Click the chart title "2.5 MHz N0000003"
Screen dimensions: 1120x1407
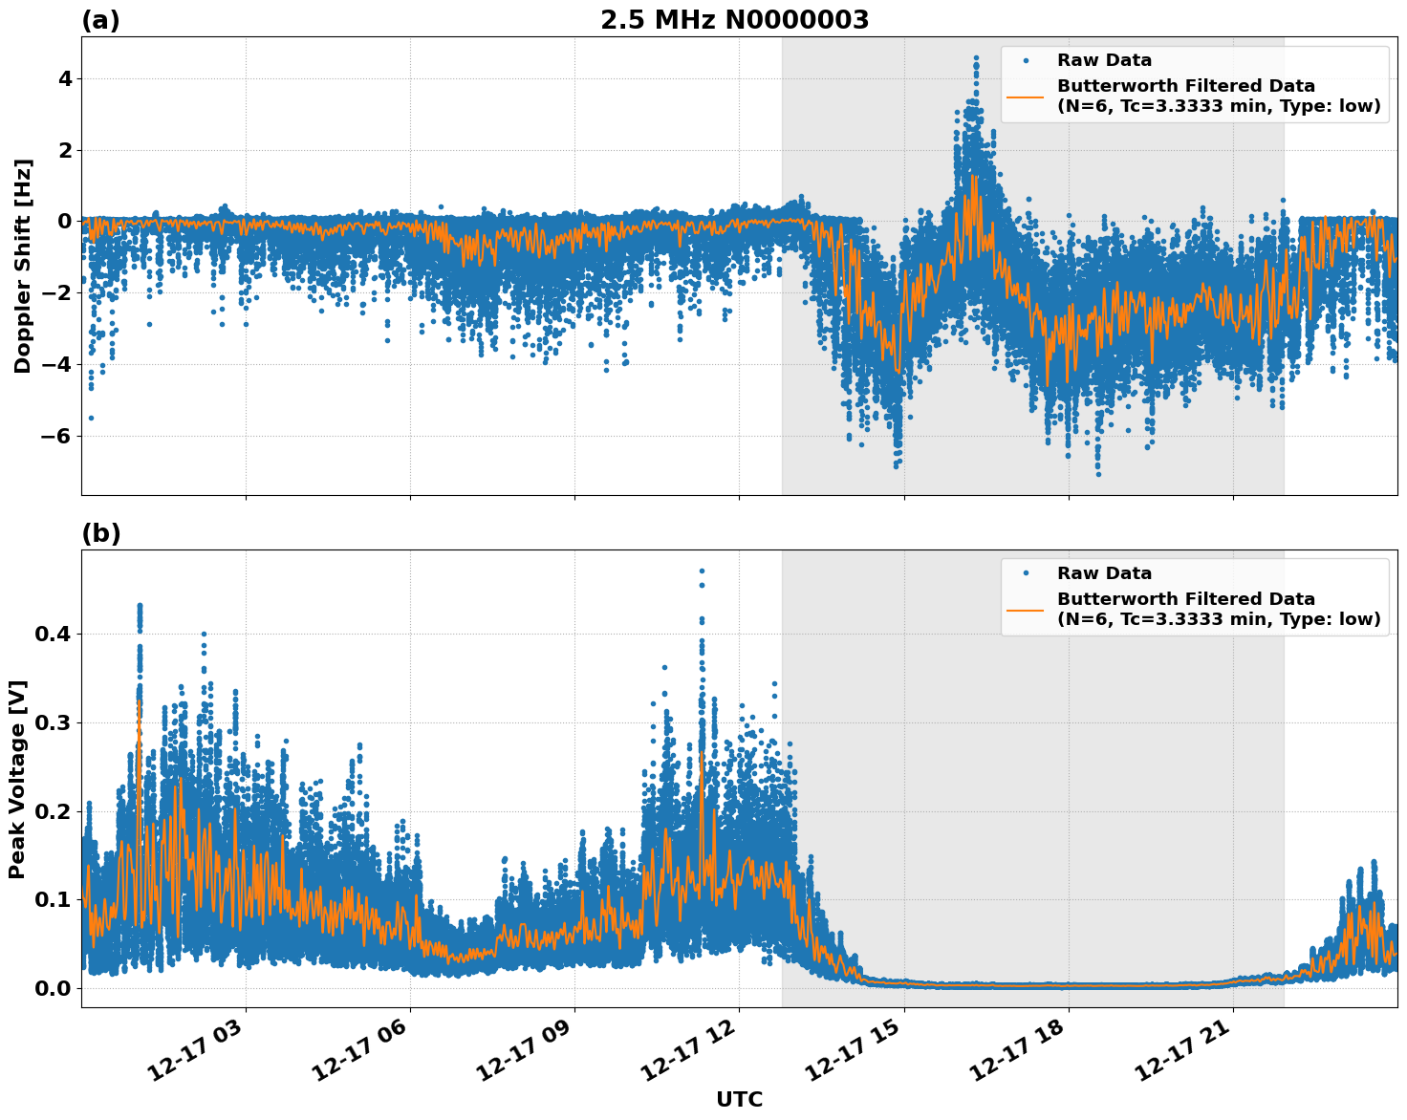tap(734, 20)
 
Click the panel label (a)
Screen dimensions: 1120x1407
tap(100, 20)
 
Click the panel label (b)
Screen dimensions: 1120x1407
tap(100, 533)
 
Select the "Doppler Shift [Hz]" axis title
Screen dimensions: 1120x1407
tap(23, 266)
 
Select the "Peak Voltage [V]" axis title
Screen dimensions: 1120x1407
tap(17, 779)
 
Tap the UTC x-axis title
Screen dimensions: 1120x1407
tap(739, 1099)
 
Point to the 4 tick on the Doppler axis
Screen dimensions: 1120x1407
tap(64, 78)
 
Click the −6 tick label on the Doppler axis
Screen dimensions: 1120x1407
tap(56, 436)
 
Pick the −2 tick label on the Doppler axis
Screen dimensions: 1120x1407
tap(56, 292)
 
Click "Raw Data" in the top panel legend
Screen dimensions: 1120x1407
tap(1104, 60)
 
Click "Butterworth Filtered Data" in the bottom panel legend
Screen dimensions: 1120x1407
tap(1185, 599)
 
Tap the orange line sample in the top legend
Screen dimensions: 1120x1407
tap(1026, 97)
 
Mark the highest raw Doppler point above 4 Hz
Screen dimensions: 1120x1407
tap(976, 57)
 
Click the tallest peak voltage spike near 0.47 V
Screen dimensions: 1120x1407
tap(702, 571)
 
